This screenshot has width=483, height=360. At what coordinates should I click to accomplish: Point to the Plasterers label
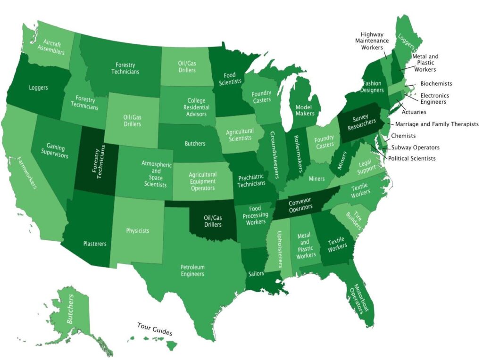(94, 244)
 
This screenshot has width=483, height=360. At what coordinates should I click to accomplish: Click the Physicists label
(138, 231)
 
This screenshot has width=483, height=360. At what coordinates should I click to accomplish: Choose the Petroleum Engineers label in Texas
(192, 270)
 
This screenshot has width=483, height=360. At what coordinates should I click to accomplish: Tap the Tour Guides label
(155, 329)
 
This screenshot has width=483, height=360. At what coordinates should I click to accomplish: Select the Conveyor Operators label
(300, 203)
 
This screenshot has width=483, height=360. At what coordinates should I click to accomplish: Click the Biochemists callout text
(436, 83)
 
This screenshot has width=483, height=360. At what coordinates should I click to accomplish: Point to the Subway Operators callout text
(415, 147)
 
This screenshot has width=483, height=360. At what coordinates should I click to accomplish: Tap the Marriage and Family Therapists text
(436, 124)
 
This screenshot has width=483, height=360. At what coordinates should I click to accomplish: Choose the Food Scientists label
(230, 78)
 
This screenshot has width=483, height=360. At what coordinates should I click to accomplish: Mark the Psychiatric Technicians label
(251, 180)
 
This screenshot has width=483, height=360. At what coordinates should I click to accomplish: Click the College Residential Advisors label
(196, 107)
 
